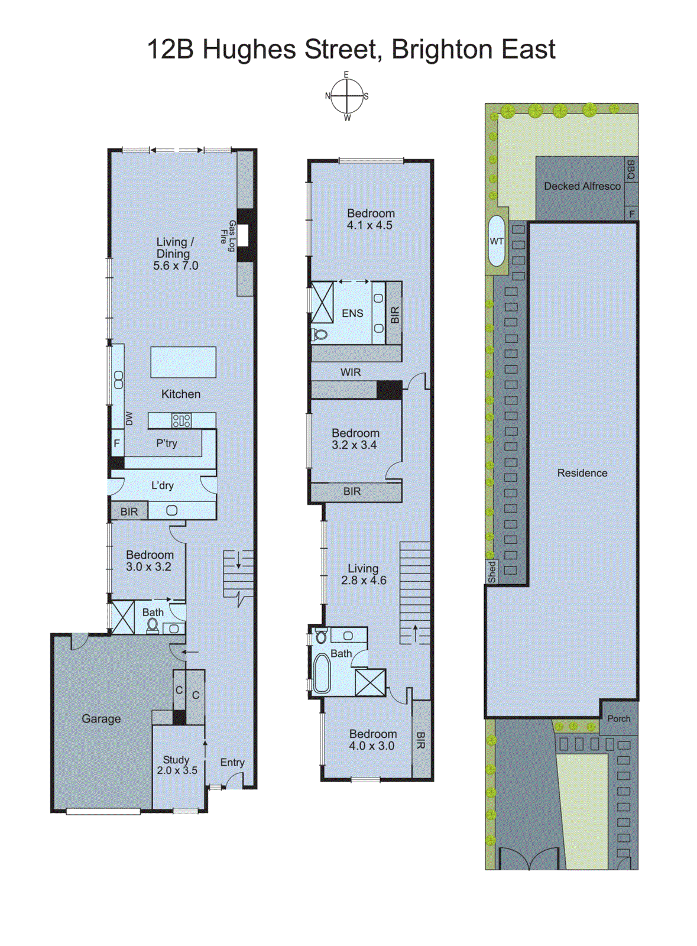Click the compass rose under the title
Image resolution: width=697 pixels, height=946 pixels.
click(346, 96)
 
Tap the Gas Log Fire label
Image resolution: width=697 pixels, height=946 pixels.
click(228, 236)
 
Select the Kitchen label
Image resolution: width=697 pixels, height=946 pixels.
click(181, 394)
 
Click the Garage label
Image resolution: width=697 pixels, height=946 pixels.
click(101, 719)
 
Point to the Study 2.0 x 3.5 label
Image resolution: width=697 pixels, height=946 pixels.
click(177, 764)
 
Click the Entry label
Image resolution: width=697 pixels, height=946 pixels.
click(232, 762)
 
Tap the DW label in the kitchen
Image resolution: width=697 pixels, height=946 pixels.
click(129, 419)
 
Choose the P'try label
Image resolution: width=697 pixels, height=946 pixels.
click(167, 443)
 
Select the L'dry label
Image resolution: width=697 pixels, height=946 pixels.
click(163, 485)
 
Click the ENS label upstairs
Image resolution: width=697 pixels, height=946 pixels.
click(352, 313)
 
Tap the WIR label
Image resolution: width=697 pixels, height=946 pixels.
click(351, 372)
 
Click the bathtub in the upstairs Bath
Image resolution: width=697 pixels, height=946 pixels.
click(322, 673)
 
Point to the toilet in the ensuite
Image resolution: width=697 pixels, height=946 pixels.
click(319, 335)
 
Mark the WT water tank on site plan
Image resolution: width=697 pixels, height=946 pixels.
click(497, 241)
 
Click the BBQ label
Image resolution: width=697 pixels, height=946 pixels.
click(631, 170)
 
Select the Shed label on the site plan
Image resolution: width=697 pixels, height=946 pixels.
click(492, 572)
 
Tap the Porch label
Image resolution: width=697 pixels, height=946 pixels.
click(619, 719)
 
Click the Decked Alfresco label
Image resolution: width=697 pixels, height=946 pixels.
click(582, 186)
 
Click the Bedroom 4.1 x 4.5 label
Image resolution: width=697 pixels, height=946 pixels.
click(370, 219)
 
